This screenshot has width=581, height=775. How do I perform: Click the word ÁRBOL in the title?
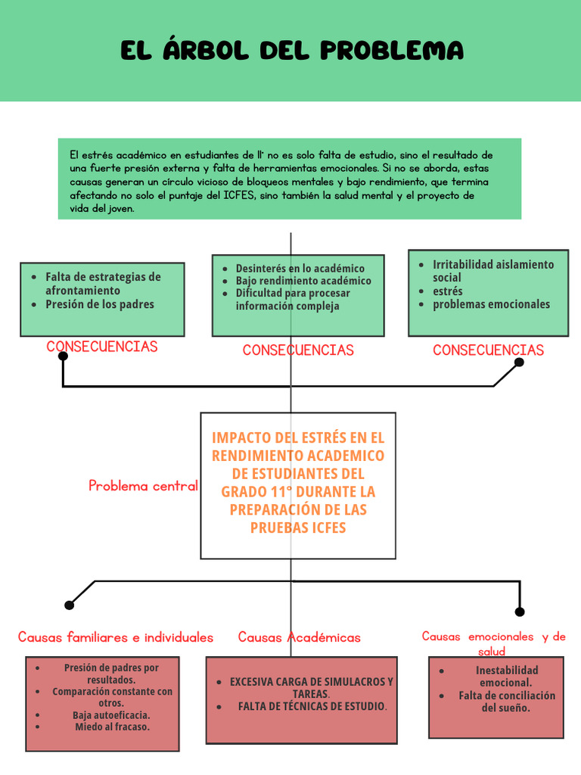click(x=206, y=49)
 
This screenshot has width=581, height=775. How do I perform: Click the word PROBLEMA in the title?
click(x=392, y=51)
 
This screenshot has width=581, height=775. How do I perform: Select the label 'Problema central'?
click(x=143, y=486)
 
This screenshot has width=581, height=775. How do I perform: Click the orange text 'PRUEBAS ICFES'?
click(x=298, y=528)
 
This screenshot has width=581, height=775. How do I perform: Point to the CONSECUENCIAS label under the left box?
click(x=102, y=347)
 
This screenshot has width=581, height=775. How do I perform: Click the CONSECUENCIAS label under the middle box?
click(x=298, y=350)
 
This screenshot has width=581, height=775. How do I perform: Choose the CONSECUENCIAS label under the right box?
click(x=488, y=350)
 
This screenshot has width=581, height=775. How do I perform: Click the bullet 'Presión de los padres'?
click(x=100, y=304)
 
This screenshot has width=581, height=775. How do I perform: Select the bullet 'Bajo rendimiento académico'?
click(x=303, y=281)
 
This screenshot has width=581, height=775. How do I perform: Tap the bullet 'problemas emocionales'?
click(x=491, y=304)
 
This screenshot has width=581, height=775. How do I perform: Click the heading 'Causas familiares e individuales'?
click(x=116, y=637)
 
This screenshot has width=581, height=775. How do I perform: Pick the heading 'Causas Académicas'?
click(x=300, y=637)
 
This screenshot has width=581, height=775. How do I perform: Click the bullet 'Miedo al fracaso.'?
click(x=112, y=727)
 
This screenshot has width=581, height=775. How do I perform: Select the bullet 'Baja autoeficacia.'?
click(x=111, y=715)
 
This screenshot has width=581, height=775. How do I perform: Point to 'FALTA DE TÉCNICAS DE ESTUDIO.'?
click(x=312, y=706)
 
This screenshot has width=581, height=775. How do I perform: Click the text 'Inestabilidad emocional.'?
click(x=506, y=677)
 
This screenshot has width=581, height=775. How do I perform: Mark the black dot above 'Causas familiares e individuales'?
click(x=69, y=605)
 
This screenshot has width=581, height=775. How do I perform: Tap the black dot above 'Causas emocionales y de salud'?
click(x=520, y=612)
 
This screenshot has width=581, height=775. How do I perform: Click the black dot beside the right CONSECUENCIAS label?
click(x=519, y=363)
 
